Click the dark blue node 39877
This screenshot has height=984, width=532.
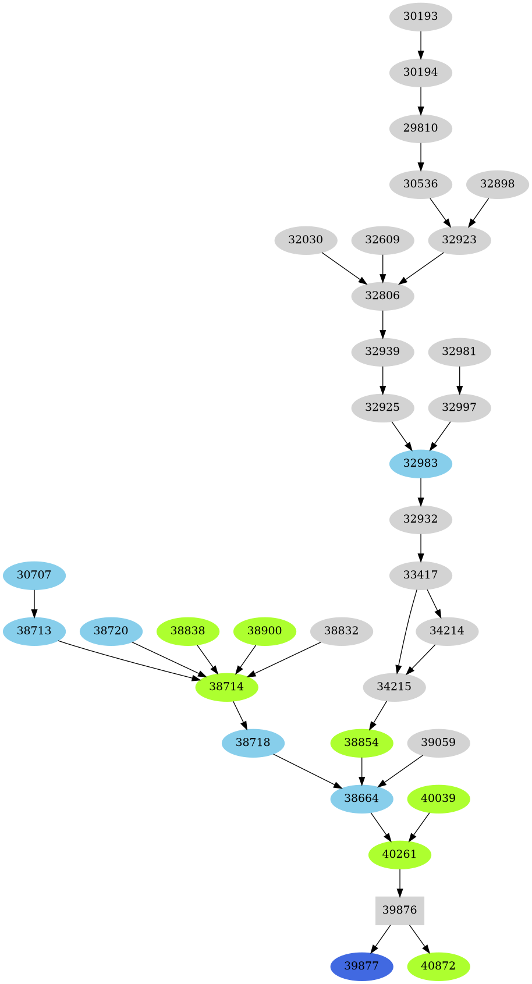(361, 967)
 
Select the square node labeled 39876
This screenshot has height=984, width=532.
(399, 910)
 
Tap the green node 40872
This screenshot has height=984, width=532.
(438, 967)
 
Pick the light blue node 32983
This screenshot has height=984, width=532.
(420, 463)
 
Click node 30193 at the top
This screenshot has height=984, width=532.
(420, 16)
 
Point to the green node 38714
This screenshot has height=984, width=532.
(226, 687)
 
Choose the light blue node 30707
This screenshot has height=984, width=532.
(34, 576)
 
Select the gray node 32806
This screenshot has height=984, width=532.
(382, 296)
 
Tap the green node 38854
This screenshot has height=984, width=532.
(361, 743)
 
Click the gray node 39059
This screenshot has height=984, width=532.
(438, 743)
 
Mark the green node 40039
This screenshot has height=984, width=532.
(438, 798)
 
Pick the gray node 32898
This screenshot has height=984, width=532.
(497, 184)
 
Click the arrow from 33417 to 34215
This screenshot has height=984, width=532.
(405, 632)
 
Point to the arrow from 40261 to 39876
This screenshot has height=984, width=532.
(399, 882)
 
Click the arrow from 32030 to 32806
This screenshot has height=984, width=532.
(343, 268)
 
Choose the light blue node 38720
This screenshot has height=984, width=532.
(111, 631)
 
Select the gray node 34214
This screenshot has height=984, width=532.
(447, 631)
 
